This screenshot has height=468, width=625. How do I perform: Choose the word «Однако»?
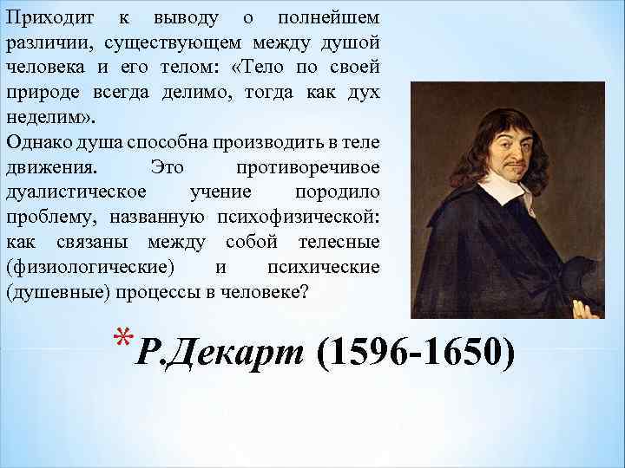34,141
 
